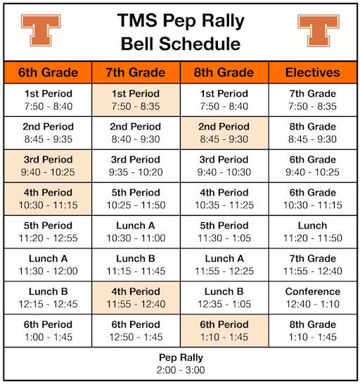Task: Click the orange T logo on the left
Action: click(41, 30)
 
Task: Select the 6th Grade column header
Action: click(48, 72)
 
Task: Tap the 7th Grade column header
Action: click(136, 72)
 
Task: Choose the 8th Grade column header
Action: click(224, 72)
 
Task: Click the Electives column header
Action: click(312, 72)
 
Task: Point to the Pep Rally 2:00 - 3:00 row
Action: click(180, 364)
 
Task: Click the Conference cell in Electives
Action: click(312, 297)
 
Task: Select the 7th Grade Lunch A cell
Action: click(136, 231)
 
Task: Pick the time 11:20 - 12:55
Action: click(48, 238)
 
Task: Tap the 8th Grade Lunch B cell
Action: click(224, 297)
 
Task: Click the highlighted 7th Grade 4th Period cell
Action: click(136, 297)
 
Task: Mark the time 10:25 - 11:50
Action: click(136, 205)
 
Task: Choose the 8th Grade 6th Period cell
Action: click(224, 331)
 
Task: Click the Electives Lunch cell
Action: click(312, 231)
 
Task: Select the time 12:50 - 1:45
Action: click(136, 338)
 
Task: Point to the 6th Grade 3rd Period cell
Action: click(48, 165)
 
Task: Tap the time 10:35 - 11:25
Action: click(224, 205)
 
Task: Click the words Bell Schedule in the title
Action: click(180, 44)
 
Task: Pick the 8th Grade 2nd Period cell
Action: click(224, 132)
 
